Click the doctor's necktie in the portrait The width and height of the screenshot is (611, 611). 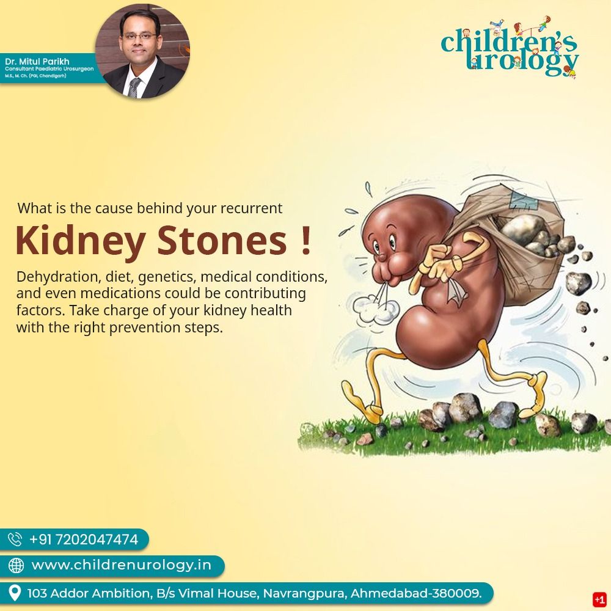pos(134,87)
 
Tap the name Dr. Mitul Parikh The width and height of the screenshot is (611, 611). pos(37,61)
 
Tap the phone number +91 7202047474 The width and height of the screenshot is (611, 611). pos(84,540)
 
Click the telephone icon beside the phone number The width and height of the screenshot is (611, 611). pos(15,540)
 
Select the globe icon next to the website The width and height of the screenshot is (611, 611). pos(16,565)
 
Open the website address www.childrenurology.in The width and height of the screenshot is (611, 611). pos(121,565)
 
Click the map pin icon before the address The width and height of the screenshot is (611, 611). pos(15,593)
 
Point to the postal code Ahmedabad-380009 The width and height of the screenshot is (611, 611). pos(416,593)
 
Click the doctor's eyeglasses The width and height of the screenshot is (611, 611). pos(139,36)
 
